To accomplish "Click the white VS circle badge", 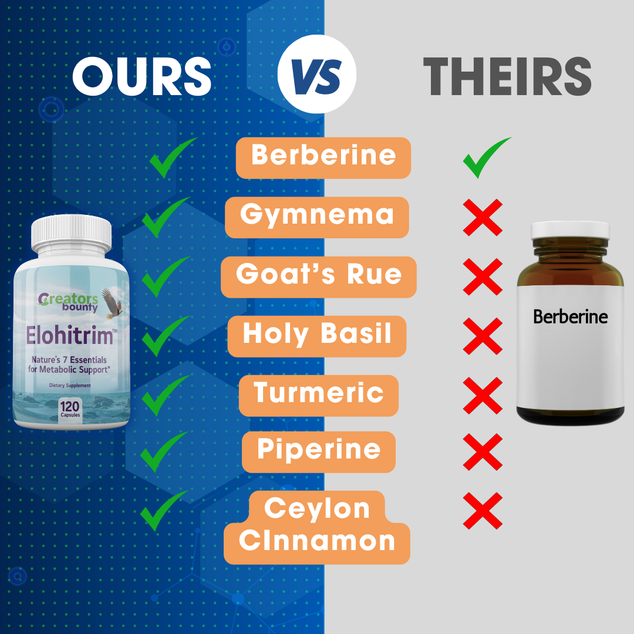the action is coord(316,74).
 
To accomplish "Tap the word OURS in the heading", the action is coord(142,76).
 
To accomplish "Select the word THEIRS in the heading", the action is coord(507,76).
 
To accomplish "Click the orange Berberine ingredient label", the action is coord(323,158).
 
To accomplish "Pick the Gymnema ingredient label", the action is coord(316,217).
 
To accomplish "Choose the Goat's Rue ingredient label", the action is coord(319,277).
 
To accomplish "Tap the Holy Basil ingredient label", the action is coord(317,336).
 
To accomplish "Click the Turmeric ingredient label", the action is coord(319,396).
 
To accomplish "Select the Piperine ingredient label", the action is coord(319,452).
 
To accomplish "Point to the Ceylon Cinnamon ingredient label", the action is coord(317,527).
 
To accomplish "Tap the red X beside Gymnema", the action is coord(483,218).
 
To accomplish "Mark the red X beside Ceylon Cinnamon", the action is coord(483,511).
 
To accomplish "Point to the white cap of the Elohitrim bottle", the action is coord(72,234).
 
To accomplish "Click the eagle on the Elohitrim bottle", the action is coord(111,302).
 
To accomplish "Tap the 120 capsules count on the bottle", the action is coord(70,409).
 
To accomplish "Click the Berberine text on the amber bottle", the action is coord(570,316).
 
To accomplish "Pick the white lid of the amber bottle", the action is coord(569,230).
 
